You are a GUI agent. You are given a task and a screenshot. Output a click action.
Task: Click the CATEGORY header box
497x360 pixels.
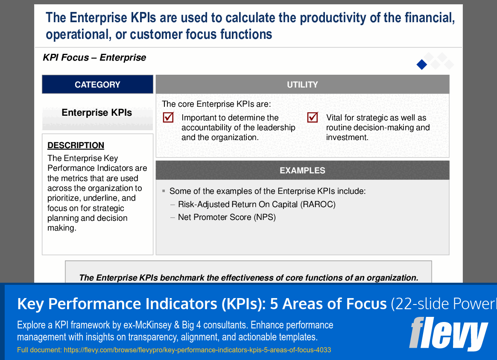coord(97,85)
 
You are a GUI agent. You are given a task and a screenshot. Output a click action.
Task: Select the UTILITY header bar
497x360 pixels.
coord(302,85)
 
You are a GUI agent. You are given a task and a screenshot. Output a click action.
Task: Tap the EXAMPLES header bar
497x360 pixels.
coord(302,170)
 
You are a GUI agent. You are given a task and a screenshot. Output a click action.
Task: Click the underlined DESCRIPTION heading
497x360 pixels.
coord(76,145)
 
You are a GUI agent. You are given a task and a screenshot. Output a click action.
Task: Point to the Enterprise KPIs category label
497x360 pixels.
coord(97,113)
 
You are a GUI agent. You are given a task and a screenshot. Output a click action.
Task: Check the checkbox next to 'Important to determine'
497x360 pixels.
coord(168,117)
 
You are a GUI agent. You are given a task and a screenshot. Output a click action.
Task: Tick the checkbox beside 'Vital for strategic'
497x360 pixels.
coord(313,117)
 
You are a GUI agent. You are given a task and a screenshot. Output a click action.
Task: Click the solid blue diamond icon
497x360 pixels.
coord(422,64)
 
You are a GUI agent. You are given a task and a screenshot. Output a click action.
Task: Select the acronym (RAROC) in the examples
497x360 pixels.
coord(318,204)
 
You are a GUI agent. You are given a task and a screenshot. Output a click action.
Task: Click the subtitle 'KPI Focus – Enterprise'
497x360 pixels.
coord(94,58)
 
